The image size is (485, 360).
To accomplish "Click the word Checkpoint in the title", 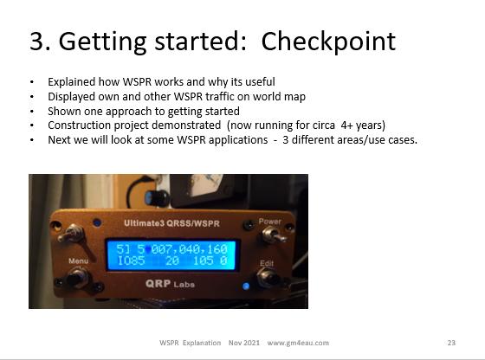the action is pyautogui.click(x=328, y=42).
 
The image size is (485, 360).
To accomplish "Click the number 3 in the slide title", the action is pyautogui.click(x=36, y=41).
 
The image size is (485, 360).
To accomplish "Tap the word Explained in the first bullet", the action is pyautogui.click(x=71, y=82).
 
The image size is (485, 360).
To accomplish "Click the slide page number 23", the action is pyautogui.click(x=451, y=343).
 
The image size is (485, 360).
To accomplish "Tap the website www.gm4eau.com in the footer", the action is pyautogui.click(x=298, y=343).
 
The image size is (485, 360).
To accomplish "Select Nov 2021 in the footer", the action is pyautogui.click(x=244, y=343).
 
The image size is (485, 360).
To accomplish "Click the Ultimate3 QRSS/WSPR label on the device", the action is pyautogui.click(x=171, y=223).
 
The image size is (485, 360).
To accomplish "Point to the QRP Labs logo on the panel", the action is pyautogui.click(x=170, y=284).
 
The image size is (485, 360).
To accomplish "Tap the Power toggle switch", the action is pyautogui.click(x=274, y=235).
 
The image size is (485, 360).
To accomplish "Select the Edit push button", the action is pyautogui.click(x=268, y=277).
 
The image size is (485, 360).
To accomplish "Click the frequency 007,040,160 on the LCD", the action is pyautogui.click(x=189, y=249).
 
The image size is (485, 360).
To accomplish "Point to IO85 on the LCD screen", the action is pyautogui.click(x=131, y=260).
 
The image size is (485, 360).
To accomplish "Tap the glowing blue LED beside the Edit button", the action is pyautogui.click(x=246, y=286).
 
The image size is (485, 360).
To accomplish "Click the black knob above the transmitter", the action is pyautogui.click(x=157, y=197).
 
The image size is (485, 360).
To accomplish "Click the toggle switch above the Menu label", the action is pyautogui.click(x=72, y=235).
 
